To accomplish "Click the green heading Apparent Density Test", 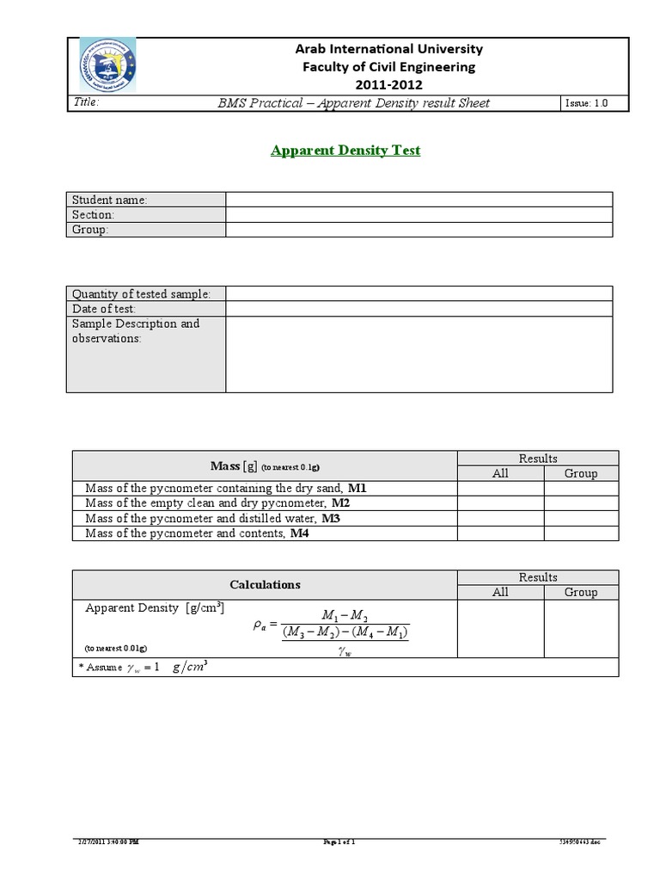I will point(345,151).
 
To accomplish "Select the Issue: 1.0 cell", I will point(586,103).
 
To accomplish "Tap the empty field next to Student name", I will point(419,200).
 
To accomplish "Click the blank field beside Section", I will point(419,214).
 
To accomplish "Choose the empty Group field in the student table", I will point(419,230).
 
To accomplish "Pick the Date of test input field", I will point(419,309).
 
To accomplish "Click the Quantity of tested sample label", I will point(141,294).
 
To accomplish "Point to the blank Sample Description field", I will point(419,354).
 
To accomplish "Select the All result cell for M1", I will point(500,488).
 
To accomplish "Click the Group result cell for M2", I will point(581,503).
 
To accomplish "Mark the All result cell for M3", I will point(500,519).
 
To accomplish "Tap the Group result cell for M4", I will point(581,533).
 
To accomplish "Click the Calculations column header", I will point(265,584).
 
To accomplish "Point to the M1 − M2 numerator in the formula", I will point(345,615).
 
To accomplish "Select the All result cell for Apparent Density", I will point(500,628).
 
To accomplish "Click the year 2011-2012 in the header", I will point(388,84).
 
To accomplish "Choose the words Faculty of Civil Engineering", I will point(388,67).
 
